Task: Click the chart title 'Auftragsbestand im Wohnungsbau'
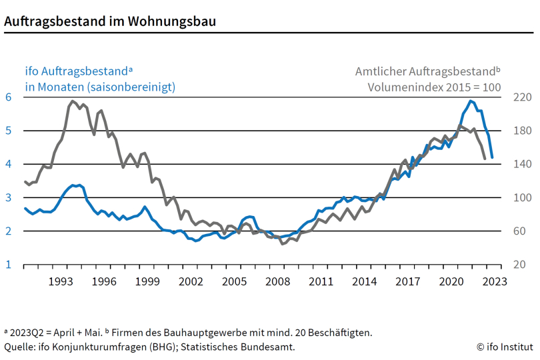click(x=110, y=21)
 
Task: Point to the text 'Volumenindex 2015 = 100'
click(x=434, y=87)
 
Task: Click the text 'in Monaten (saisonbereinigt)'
click(x=100, y=87)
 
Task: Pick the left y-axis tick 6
click(x=9, y=97)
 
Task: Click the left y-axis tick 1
click(x=9, y=265)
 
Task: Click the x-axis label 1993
click(x=61, y=281)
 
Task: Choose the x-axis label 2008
click(x=277, y=281)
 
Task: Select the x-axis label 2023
click(x=494, y=281)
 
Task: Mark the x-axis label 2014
click(x=364, y=281)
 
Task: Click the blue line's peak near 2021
click(x=471, y=101)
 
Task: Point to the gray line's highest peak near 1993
click(x=72, y=101)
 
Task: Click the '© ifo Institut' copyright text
click(x=505, y=347)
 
